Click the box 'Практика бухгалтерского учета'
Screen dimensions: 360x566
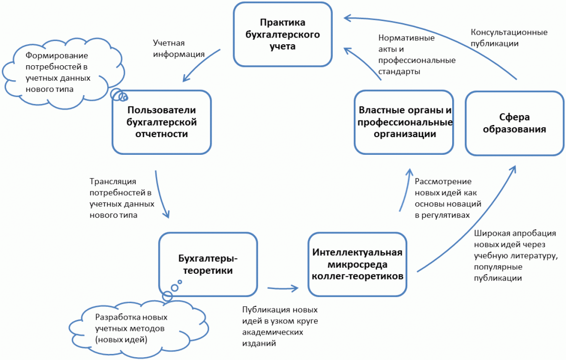click(x=283, y=34)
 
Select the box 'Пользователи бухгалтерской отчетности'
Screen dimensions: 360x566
click(x=162, y=122)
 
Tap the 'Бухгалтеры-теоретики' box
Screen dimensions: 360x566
click(x=208, y=264)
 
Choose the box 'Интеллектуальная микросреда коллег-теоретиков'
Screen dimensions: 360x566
click(x=357, y=264)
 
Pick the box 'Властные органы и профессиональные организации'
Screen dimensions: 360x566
click(x=403, y=122)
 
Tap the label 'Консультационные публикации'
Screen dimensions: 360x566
click(x=509, y=38)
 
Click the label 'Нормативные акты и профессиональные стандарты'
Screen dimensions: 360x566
click(x=417, y=55)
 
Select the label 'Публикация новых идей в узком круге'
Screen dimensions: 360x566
click(x=280, y=326)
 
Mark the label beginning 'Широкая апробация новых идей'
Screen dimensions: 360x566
click(x=514, y=255)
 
